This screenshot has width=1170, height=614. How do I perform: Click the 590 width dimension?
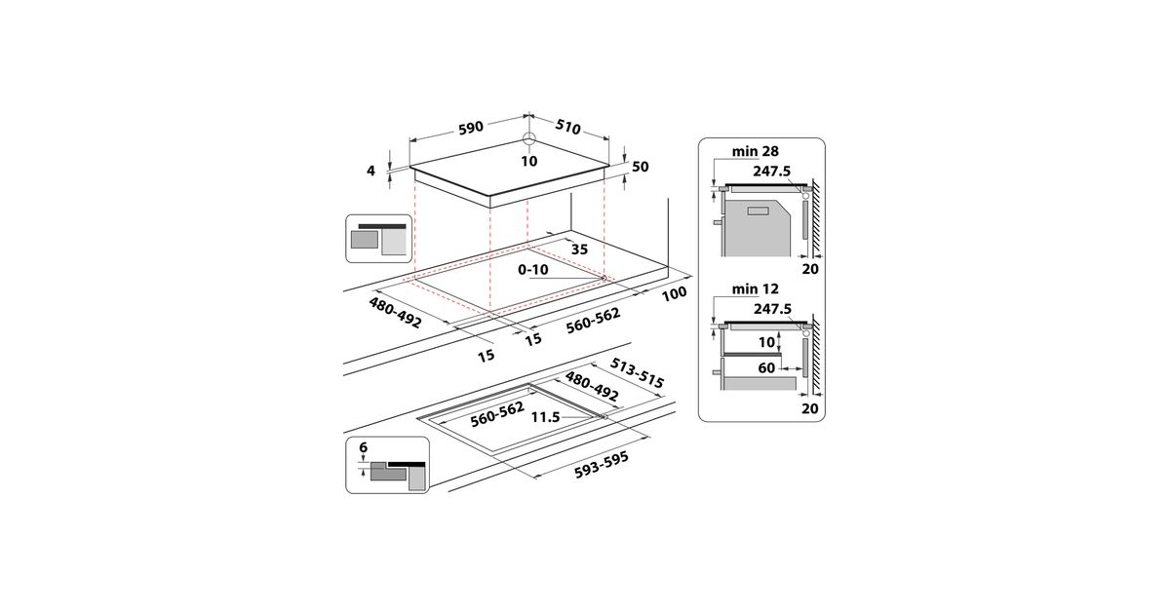(471, 128)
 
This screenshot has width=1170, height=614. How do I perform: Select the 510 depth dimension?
(567, 127)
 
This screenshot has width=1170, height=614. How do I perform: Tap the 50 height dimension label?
(640, 167)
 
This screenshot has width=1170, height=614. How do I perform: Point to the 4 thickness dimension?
(370, 171)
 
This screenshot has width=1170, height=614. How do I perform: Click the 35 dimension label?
(579, 249)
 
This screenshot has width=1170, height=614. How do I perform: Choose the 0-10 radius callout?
(533, 269)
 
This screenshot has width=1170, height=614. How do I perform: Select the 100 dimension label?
(675, 294)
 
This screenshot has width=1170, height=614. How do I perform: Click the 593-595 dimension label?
(602, 465)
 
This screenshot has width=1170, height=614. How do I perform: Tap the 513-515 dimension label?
(637, 373)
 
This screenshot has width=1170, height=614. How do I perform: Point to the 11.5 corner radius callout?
(545, 417)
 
